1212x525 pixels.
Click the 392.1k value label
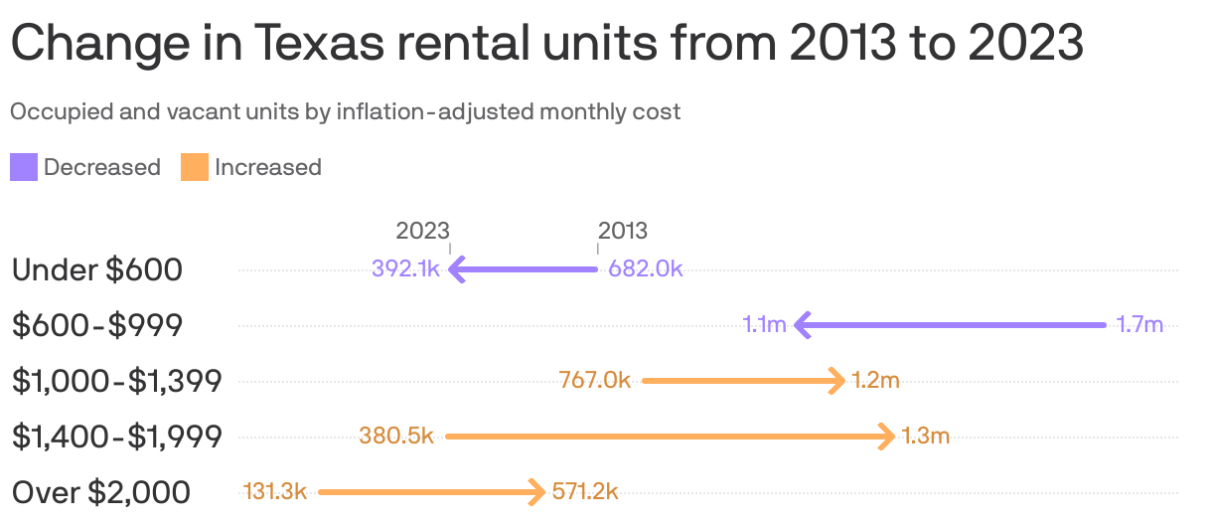pos(405,268)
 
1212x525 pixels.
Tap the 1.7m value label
pos(1138,324)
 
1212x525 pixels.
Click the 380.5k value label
pos(396,436)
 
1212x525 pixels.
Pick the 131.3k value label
pos(275,491)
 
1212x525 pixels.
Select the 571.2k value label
pos(585,491)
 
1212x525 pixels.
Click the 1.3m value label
pos(926,436)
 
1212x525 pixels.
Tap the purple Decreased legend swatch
pos(24,167)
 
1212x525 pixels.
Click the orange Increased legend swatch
pos(194,167)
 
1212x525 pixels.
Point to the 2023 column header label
pos(423,231)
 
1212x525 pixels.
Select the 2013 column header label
pos(623,231)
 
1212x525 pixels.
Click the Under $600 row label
pos(97,268)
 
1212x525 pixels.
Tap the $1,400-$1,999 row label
pos(117,436)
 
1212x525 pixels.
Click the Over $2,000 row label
pos(101,491)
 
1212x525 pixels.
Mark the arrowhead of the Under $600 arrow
pos(456,268)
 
